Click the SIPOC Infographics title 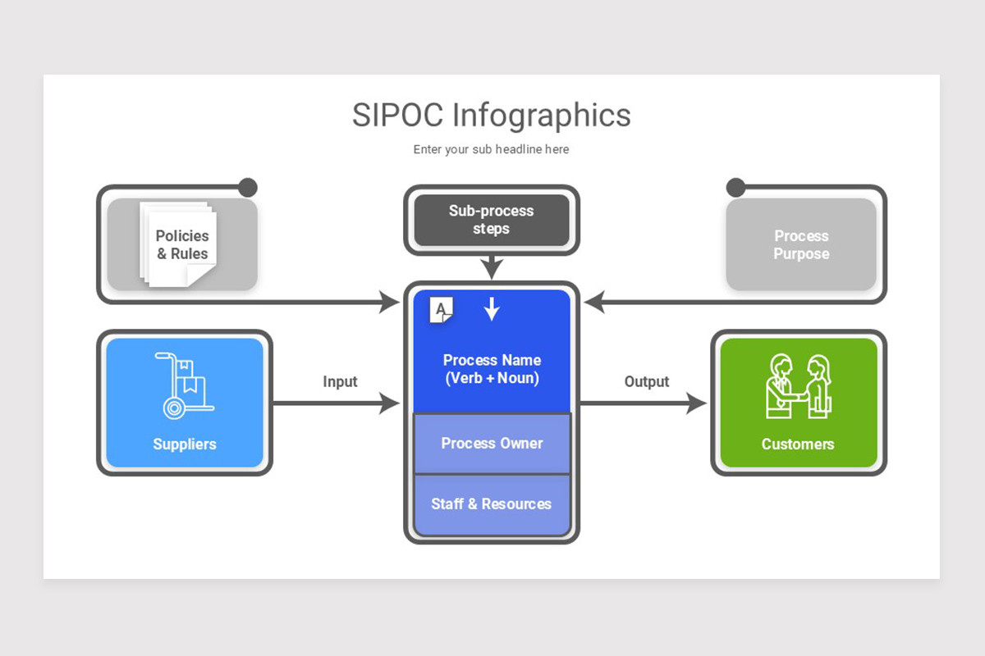pyautogui.click(x=491, y=115)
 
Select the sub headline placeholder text pyautogui.click(x=491, y=149)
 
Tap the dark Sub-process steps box pyautogui.click(x=491, y=220)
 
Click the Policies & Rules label pyautogui.click(x=182, y=244)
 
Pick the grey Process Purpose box pyautogui.click(x=800, y=244)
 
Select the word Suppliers pyautogui.click(x=185, y=444)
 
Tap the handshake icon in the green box pyautogui.click(x=798, y=386)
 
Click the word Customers pyautogui.click(x=798, y=444)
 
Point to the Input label pyautogui.click(x=340, y=381)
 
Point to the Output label pyautogui.click(x=647, y=381)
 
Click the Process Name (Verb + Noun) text pyautogui.click(x=492, y=369)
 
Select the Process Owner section pyautogui.click(x=492, y=444)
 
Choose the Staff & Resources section pyautogui.click(x=492, y=504)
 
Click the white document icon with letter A pyautogui.click(x=442, y=309)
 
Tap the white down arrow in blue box pyautogui.click(x=492, y=308)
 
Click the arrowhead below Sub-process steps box pyautogui.click(x=492, y=269)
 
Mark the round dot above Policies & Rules pyautogui.click(x=247, y=188)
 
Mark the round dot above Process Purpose pyautogui.click(x=735, y=188)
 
